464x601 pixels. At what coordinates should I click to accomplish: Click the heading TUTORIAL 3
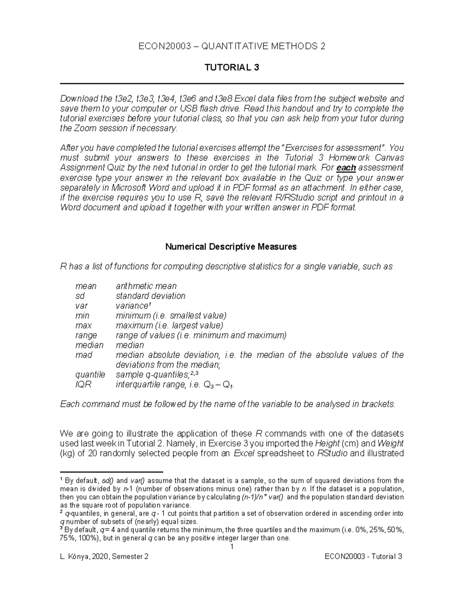point(232,68)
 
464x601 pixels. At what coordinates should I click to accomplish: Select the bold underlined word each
point(346,168)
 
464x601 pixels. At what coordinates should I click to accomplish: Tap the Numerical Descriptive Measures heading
point(231,247)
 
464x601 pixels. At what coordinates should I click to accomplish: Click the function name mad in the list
point(84,355)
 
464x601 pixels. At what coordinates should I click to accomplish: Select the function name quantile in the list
point(90,375)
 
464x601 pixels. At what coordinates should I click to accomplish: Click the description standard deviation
point(150,296)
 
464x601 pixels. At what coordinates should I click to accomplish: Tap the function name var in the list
point(82,306)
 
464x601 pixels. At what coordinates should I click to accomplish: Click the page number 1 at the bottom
point(232,547)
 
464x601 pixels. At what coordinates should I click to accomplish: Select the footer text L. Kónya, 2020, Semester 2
point(104,556)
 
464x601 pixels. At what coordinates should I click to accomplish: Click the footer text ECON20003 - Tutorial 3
point(363,556)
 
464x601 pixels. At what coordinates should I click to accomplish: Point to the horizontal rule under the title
point(232,84)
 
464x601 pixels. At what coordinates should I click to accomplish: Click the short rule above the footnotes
point(112,472)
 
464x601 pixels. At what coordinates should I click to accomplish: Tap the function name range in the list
point(86,335)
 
